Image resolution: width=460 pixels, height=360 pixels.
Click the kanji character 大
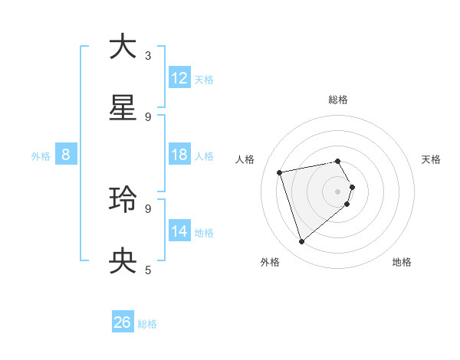(123, 47)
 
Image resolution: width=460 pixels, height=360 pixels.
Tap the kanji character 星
(123, 109)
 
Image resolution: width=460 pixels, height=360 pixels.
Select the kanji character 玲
(123, 200)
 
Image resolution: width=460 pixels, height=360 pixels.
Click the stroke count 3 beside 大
(148, 55)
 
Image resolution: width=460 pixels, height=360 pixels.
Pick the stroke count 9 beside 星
(148, 117)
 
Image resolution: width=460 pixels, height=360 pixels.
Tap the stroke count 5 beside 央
(148, 270)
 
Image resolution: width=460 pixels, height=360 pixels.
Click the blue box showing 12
(179, 78)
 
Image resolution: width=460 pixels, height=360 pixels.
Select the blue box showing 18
(179, 155)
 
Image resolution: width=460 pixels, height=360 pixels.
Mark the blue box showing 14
(179, 231)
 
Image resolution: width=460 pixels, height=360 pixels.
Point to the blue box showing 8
(66, 155)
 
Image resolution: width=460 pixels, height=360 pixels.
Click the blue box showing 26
(123, 322)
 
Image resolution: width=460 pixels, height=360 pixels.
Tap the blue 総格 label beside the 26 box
(147, 324)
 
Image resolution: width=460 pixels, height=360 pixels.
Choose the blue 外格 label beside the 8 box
(41, 156)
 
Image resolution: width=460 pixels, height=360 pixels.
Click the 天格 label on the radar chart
(432, 159)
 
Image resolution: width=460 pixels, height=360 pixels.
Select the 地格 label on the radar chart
(402, 262)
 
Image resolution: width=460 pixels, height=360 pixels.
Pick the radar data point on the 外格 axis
(301, 242)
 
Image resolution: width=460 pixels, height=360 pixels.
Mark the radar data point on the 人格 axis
(280, 172)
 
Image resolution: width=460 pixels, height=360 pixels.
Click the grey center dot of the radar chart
(337, 191)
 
